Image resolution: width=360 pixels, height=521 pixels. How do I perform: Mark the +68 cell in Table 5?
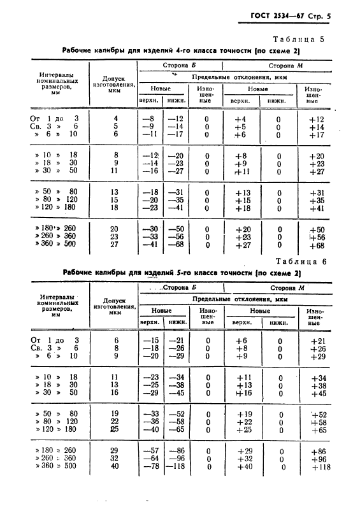click(x=316, y=246)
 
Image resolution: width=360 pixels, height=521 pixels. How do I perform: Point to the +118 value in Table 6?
click(x=316, y=467)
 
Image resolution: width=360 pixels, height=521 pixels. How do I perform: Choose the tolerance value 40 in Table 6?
click(x=115, y=466)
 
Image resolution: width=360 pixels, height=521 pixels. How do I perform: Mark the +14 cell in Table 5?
click(x=316, y=127)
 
